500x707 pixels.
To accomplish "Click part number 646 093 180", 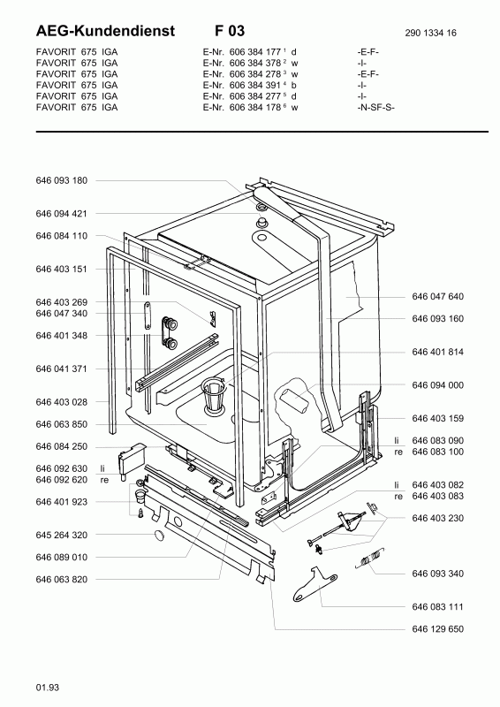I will point(61,180).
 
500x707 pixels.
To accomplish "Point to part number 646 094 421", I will point(61,214).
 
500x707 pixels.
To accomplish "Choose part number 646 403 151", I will point(61,269).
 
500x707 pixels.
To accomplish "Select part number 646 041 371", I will point(61,369).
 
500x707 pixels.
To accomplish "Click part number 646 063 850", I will point(61,424).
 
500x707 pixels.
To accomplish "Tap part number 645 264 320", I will point(61,535).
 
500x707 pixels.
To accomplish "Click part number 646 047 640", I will point(437,297).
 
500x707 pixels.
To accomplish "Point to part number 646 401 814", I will point(437,352).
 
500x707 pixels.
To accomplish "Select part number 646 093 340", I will point(437,574).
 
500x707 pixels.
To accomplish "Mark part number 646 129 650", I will point(437,628).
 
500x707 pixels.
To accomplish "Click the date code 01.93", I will point(48,686).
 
